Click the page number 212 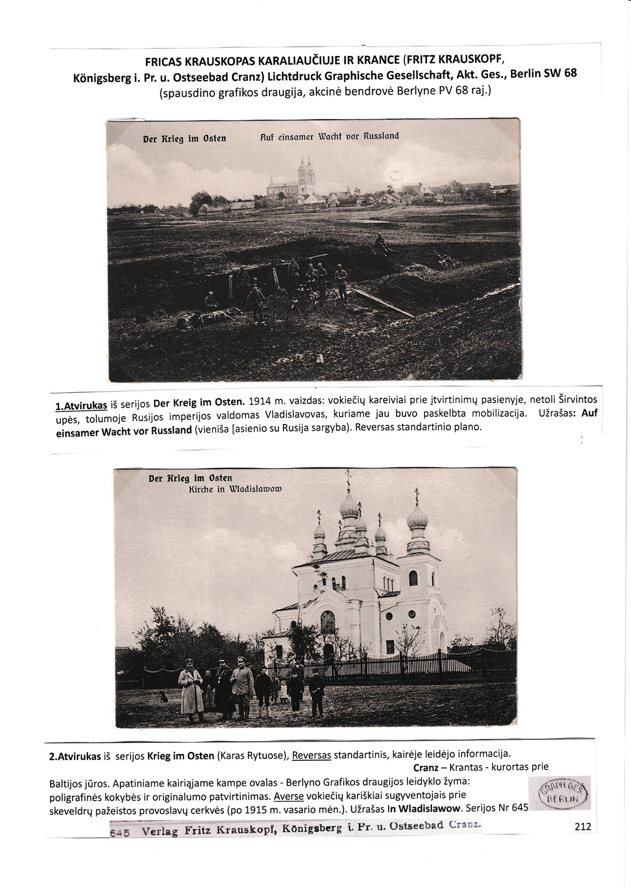[583, 827]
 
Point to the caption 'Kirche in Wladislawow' [234, 490]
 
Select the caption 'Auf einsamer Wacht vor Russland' [329, 136]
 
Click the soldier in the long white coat [190, 689]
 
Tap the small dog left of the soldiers [163, 696]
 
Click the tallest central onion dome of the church [348, 503]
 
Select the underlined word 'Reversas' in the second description [311, 756]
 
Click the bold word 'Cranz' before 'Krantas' [426, 768]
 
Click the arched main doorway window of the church [328, 622]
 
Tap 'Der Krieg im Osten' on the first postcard [185, 139]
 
